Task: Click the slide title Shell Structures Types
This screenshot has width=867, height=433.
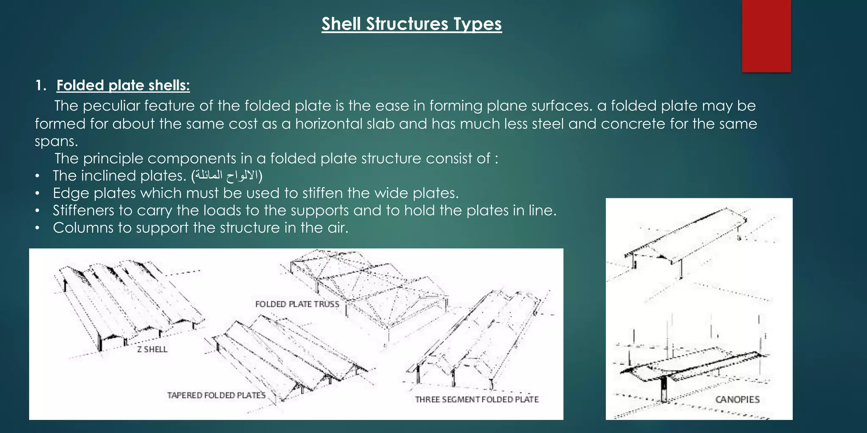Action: tap(411, 24)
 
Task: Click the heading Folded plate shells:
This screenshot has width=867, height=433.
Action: tap(123, 85)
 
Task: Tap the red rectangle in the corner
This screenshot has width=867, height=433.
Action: tap(766, 36)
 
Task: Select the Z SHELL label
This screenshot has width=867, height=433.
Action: tap(152, 349)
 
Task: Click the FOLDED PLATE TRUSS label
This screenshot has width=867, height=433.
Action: tap(297, 304)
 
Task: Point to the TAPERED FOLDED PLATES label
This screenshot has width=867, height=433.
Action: tap(216, 395)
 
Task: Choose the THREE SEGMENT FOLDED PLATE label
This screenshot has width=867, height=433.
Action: tap(477, 400)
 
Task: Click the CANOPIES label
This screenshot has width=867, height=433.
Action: tap(737, 400)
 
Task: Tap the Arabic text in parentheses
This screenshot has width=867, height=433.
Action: tap(227, 176)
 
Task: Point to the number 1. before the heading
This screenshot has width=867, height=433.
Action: tap(41, 85)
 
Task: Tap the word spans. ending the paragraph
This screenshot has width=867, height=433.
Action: tap(56, 141)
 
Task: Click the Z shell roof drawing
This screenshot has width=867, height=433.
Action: tap(127, 304)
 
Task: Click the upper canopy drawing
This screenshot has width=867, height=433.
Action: tap(686, 241)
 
